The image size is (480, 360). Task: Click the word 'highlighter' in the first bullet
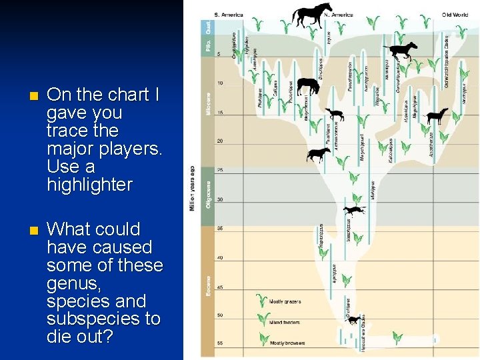(89, 185)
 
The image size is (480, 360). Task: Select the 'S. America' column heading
(229, 15)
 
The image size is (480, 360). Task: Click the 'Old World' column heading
(455, 15)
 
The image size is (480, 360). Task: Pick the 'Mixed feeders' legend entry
(285, 322)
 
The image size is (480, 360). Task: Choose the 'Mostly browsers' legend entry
(288, 343)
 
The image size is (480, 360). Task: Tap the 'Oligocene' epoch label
(208, 194)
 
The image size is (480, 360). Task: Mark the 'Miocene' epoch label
(208, 103)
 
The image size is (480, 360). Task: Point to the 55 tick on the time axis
(220, 343)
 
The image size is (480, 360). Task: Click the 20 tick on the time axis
(220, 141)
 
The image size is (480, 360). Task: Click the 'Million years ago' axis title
(193, 188)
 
